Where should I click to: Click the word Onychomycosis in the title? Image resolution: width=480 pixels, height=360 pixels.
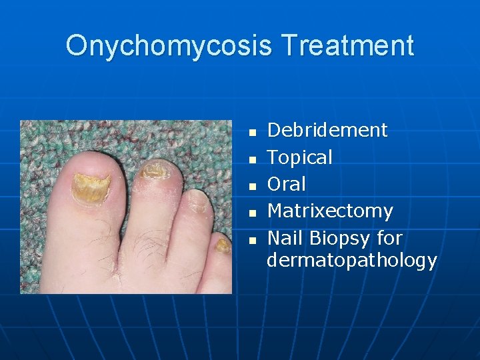(169, 46)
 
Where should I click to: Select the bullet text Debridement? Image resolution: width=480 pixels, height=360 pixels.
(327, 130)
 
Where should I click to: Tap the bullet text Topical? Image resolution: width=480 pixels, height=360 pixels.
(299, 157)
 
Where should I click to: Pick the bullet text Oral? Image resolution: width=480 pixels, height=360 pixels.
(286, 184)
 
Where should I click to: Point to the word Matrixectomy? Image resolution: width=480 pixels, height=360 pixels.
(330, 211)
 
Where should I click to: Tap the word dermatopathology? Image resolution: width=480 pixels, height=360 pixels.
(351, 260)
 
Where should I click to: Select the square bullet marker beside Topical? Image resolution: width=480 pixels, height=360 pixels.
(252, 159)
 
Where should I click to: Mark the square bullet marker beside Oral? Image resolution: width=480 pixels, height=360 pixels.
(252, 186)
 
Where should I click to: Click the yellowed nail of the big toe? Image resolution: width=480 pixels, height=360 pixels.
(89, 186)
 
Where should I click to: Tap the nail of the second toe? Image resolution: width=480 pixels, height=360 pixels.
(155, 171)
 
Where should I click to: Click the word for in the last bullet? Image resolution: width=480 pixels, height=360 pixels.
(389, 238)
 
